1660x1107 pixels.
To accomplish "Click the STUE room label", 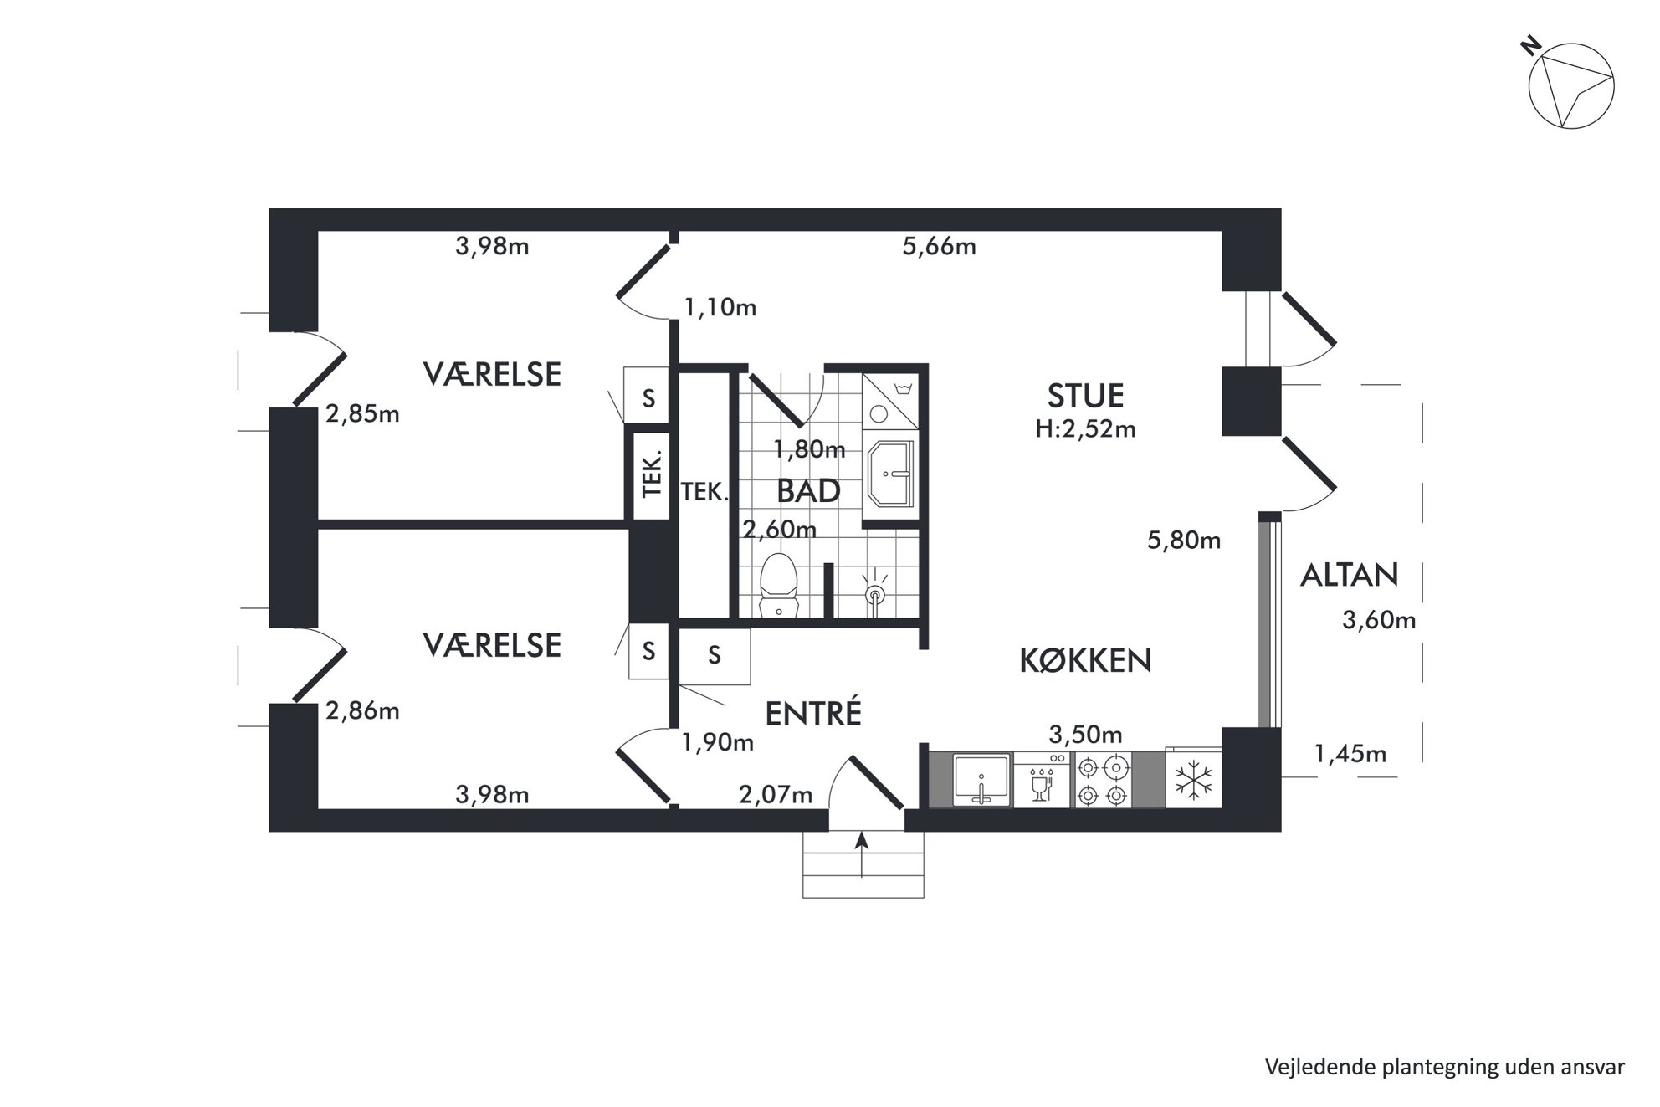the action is (x=1085, y=395).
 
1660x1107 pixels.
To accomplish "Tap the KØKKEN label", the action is (x=1085, y=661).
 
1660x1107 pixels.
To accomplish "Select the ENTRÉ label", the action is (x=813, y=713).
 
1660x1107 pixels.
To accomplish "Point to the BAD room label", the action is (x=808, y=491).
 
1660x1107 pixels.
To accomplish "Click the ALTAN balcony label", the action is (x=1349, y=575).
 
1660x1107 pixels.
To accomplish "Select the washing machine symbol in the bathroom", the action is (x=890, y=401).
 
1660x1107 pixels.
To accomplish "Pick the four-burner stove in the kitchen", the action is (x=1103, y=781).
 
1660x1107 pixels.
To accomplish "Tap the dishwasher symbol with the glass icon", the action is (x=1042, y=781).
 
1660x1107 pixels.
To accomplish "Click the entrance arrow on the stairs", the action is (x=863, y=854).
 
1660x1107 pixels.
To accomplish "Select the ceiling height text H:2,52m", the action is (x=1085, y=429).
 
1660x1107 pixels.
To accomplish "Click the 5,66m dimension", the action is (x=939, y=247).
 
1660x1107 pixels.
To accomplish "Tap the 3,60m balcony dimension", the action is (x=1379, y=620).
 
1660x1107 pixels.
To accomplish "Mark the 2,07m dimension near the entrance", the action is (x=776, y=794).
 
